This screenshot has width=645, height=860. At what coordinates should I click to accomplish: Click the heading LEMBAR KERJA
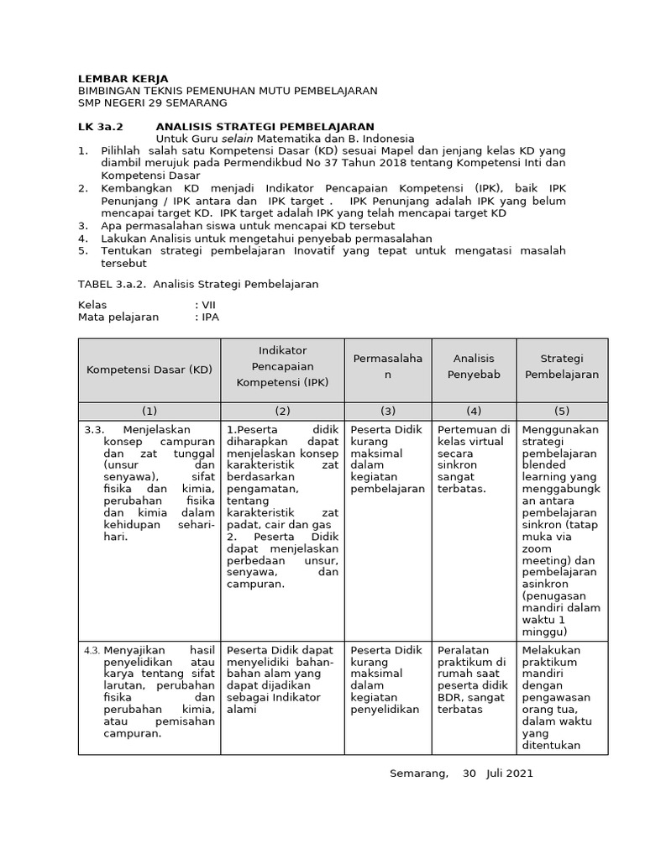coord(123,79)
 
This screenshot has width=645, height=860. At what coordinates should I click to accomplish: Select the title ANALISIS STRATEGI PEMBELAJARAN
coord(265,127)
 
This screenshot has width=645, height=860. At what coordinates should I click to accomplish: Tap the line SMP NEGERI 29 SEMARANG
coord(152,103)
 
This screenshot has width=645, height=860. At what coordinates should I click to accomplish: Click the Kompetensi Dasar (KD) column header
coord(149,370)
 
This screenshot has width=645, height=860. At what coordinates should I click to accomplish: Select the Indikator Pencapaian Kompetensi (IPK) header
coord(282,366)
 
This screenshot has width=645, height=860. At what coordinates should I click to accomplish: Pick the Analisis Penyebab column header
coord(474,366)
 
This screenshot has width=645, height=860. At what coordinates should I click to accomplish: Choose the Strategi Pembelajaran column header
coord(562,366)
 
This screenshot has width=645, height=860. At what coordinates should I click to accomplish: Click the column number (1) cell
coord(149,411)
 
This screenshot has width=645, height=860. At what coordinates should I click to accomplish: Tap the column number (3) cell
coord(387,411)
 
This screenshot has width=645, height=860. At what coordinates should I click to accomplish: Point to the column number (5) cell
coord(562,411)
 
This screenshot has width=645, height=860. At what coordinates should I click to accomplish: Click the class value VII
coord(207,305)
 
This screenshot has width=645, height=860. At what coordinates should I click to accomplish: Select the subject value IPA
coord(209,317)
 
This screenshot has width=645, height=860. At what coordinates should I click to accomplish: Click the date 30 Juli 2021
coord(497,773)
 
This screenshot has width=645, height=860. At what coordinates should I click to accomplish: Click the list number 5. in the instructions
coord(83,251)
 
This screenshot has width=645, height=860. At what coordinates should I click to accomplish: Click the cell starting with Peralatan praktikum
coord(473,679)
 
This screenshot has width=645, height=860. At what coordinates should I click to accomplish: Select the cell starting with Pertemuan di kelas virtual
coord(473,459)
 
